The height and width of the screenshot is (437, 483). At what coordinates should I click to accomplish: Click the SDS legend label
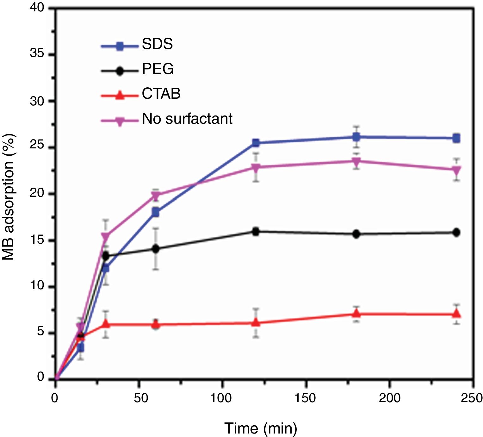click(157, 44)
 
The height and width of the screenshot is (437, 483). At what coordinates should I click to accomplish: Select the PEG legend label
click(158, 69)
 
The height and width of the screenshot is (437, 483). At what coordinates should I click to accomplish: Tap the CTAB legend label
click(161, 94)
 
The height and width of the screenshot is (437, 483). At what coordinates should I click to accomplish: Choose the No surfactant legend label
click(187, 119)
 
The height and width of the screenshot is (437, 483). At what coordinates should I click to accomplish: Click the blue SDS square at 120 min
click(256, 143)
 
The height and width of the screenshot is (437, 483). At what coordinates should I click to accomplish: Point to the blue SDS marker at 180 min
click(356, 137)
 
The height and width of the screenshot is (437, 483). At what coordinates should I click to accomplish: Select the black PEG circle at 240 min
click(456, 232)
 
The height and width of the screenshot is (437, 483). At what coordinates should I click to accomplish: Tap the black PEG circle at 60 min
click(156, 249)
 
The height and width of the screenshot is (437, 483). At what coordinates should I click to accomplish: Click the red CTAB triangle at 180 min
click(356, 314)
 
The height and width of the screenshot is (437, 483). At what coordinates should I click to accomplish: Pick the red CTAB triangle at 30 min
click(106, 324)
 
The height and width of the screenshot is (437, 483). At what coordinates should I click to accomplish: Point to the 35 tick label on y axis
click(37, 54)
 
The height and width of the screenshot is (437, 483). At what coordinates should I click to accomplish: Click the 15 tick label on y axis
click(37, 240)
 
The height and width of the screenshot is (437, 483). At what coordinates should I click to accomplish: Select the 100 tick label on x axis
click(221, 398)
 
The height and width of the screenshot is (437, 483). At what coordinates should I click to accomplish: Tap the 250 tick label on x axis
click(471, 398)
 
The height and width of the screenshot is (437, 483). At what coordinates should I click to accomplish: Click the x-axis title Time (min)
click(261, 428)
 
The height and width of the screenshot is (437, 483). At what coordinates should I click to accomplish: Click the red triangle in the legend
click(120, 95)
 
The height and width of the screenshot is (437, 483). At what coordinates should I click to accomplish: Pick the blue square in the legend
click(120, 47)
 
